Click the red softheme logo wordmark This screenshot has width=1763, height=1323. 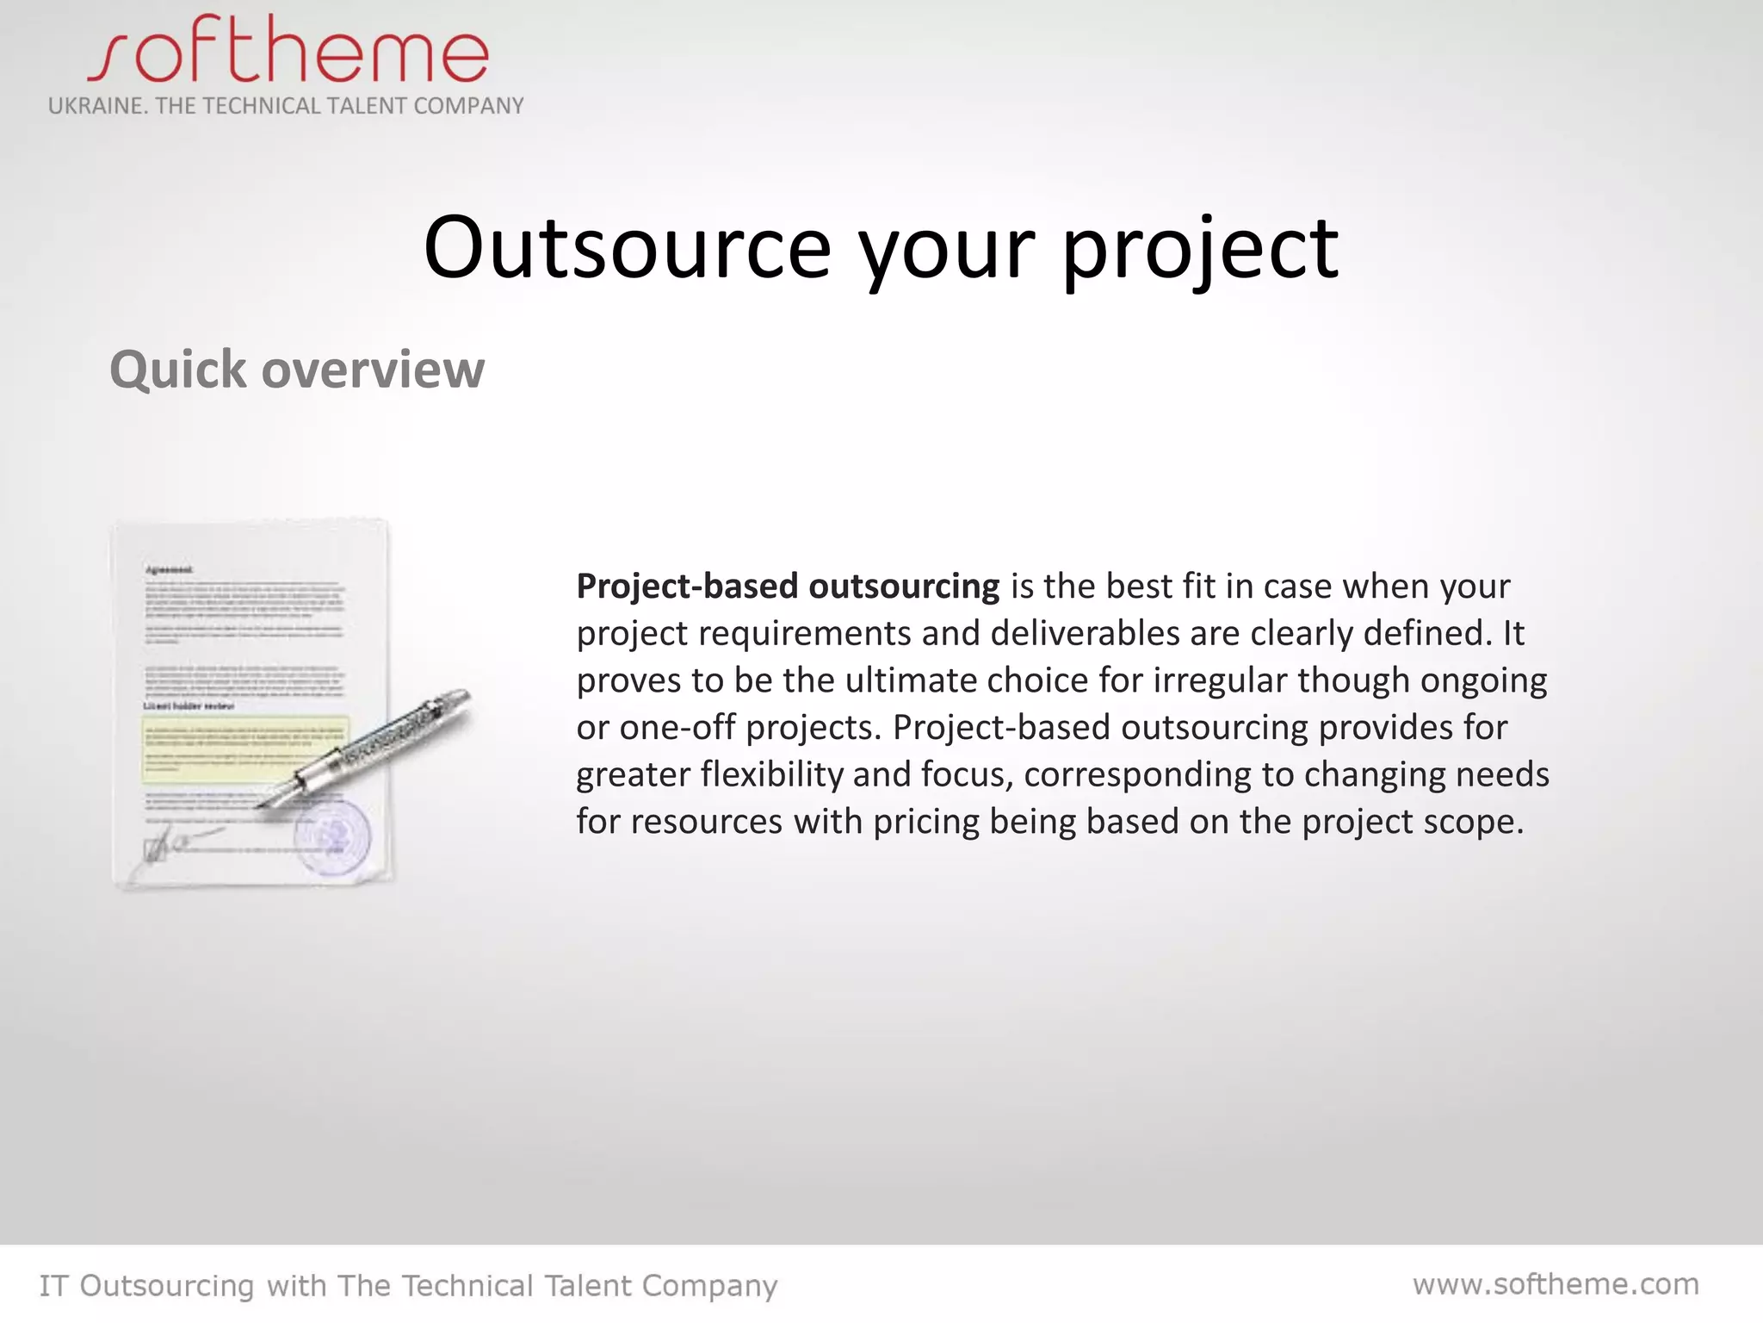pos(288,52)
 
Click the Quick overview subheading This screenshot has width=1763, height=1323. pos(297,370)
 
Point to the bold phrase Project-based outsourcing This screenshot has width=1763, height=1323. pos(788,587)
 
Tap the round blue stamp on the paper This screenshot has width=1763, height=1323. pos(332,835)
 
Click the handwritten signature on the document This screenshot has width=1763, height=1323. pos(176,842)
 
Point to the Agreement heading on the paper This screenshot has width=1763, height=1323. pos(169,569)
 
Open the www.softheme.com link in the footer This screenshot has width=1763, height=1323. pos(1556,1284)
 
